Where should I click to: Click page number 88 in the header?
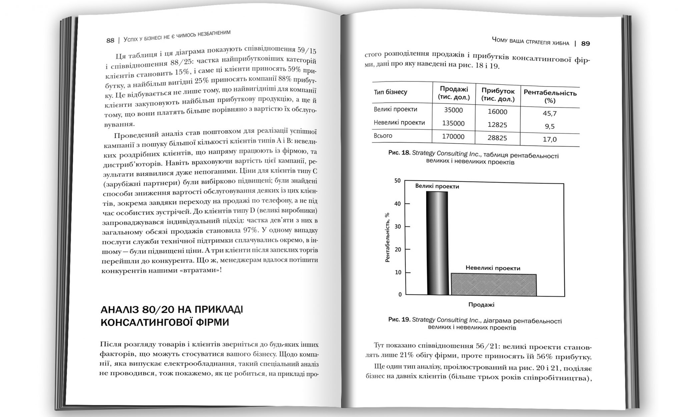click(110, 41)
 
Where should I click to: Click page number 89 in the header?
click(585, 44)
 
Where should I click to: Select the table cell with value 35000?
click(453, 110)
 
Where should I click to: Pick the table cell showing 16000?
click(497, 112)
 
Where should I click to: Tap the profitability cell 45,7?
click(550, 114)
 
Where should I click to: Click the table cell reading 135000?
click(453, 123)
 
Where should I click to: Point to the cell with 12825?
click(497, 125)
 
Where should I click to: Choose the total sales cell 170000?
click(453, 136)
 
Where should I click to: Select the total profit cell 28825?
click(497, 138)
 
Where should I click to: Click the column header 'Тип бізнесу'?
click(390, 92)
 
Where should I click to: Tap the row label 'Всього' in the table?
click(383, 136)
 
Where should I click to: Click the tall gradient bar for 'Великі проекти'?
click(437, 243)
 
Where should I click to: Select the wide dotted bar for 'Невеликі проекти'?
click(494, 285)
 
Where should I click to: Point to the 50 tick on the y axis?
click(397, 181)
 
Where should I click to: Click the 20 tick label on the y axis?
click(398, 249)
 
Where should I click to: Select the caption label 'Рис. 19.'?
click(399, 319)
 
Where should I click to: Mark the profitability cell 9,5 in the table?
click(550, 126)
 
